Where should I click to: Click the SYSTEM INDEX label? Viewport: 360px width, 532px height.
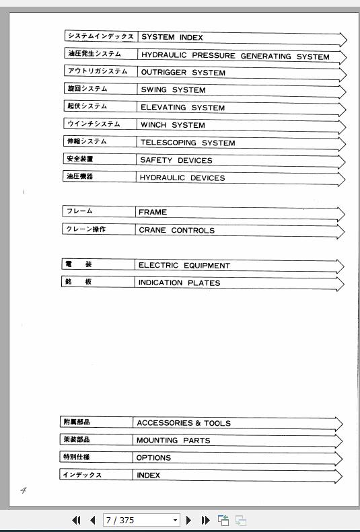tap(172, 38)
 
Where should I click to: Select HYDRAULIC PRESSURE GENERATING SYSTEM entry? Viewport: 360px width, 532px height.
tap(235, 56)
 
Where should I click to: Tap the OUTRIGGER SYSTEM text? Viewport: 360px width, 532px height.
tap(183, 73)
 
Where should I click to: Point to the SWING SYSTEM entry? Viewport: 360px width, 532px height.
tap(173, 90)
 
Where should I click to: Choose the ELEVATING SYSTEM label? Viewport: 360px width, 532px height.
tap(182, 108)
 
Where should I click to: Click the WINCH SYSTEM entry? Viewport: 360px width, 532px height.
tap(173, 125)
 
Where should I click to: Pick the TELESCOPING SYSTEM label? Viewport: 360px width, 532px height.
tap(188, 143)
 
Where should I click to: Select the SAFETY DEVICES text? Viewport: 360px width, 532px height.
tap(176, 161)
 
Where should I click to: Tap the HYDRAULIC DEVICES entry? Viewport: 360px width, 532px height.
tap(182, 178)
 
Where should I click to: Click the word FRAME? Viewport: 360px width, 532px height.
tap(153, 213)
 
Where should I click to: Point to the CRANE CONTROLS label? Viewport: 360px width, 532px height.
tap(176, 230)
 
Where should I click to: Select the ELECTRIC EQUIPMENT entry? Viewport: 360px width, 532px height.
tap(184, 266)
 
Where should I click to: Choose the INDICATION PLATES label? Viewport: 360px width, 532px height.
tap(179, 283)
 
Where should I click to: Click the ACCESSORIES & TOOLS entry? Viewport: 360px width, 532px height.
tap(184, 423)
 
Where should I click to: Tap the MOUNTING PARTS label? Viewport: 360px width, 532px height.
tap(173, 441)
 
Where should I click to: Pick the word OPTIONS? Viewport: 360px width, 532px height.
tap(153, 458)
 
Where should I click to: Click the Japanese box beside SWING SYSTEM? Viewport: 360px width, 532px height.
tap(98, 89)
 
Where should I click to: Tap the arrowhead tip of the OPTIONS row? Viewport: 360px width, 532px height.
tap(342, 459)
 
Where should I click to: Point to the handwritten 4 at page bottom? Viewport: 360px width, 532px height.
tap(23, 490)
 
